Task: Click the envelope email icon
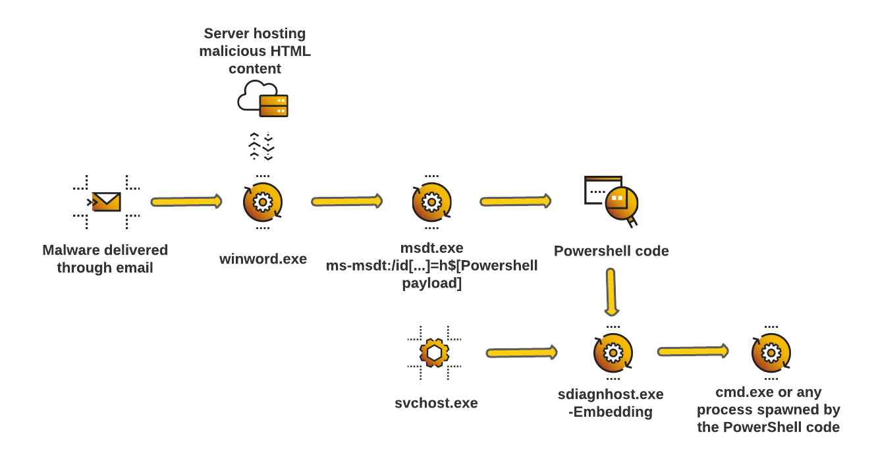coord(106,201)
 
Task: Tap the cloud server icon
coord(263,99)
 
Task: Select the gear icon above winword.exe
coord(263,201)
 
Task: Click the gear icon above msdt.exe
coord(431,201)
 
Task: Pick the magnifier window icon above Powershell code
coord(612,201)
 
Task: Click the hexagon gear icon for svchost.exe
coord(434,353)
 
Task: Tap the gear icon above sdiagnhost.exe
coord(613,353)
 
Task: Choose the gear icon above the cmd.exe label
coord(771,353)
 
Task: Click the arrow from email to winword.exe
coord(186,201)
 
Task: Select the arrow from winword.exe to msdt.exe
coord(347,201)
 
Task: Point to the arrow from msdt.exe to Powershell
coord(516,201)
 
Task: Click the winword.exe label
coord(263,259)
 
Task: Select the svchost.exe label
coord(436,403)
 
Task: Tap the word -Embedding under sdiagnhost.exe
coord(610,412)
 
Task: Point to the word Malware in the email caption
coord(70,250)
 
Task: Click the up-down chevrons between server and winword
coord(261,146)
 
